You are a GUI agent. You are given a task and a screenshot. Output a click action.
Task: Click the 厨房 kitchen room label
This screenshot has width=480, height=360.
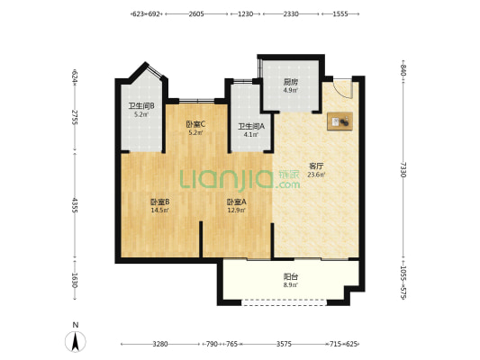tap(291, 82)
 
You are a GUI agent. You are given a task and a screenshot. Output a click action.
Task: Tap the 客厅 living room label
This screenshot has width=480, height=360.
tap(316, 166)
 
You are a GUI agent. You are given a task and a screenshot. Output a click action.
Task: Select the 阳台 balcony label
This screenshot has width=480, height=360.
tap(291, 277)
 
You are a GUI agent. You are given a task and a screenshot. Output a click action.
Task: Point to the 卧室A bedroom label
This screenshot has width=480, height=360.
tap(236, 202)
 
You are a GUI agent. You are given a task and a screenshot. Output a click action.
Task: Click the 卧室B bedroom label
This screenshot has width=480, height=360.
tap(159, 202)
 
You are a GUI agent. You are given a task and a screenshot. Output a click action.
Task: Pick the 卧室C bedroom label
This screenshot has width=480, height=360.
tap(195, 124)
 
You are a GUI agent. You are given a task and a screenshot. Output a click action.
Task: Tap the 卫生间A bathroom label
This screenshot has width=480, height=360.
tap(251, 126)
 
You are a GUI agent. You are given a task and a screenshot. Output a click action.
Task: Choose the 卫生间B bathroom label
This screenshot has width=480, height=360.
tap(141, 106)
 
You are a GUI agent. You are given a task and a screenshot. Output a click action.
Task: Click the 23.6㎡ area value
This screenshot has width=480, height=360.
tap(316, 175)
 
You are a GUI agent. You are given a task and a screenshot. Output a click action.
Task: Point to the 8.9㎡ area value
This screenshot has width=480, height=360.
tap(291, 285)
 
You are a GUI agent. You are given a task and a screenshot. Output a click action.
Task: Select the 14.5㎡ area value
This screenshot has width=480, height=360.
tap(159, 210)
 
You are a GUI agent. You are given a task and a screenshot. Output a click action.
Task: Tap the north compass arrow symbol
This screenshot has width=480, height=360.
tap(76, 341)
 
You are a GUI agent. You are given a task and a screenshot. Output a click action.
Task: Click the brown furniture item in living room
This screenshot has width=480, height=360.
tap(340, 121)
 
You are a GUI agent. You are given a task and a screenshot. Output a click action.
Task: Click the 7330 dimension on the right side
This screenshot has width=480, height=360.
tap(403, 170)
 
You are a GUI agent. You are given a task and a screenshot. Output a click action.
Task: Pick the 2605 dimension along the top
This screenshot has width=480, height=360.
tap(196, 14)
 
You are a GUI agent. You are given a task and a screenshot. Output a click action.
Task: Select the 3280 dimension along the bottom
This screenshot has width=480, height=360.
tap(160, 344)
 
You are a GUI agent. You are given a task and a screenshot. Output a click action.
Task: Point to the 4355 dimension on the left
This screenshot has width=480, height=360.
tap(75, 205)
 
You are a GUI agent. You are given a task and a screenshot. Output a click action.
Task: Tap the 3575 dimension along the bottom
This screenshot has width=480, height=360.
tap(284, 344)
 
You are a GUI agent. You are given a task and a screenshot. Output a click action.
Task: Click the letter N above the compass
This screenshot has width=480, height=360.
tap(76, 325)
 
